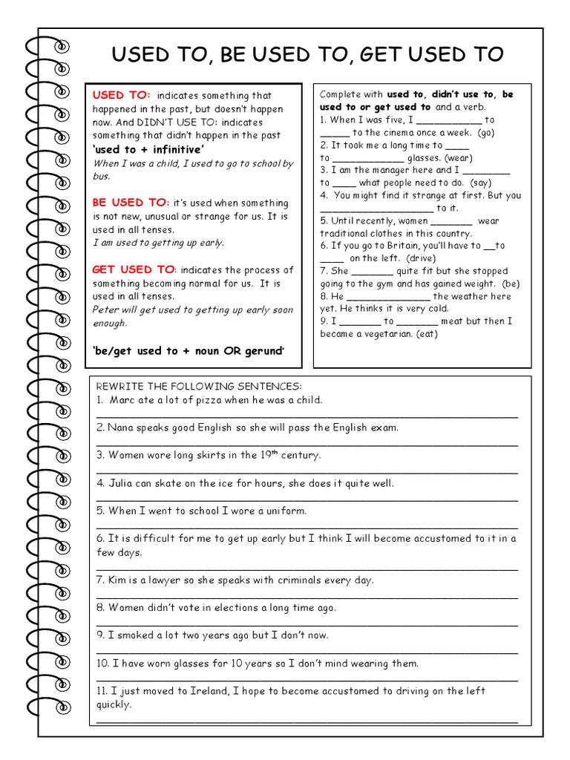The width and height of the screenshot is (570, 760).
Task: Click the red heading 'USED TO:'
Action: click(121, 95)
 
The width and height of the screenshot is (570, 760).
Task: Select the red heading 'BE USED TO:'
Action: click(131, 203)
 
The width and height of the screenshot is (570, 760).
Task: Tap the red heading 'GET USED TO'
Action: click(133, 270)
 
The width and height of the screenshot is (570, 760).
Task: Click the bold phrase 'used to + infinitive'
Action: click(148, 149)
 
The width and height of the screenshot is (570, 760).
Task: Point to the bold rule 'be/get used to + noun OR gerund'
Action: click(189, 350)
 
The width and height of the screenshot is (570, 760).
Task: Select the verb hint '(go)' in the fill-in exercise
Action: click(486, 133)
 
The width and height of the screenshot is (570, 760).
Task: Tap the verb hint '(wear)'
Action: click(457, 157)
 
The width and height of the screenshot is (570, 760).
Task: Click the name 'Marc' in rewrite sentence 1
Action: click(122, 400)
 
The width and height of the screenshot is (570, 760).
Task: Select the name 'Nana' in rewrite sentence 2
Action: click(120, 427)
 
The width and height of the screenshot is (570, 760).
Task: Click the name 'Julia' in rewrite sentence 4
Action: click(122, 483)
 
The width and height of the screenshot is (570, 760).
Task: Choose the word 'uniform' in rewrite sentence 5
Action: click(286, 511)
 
